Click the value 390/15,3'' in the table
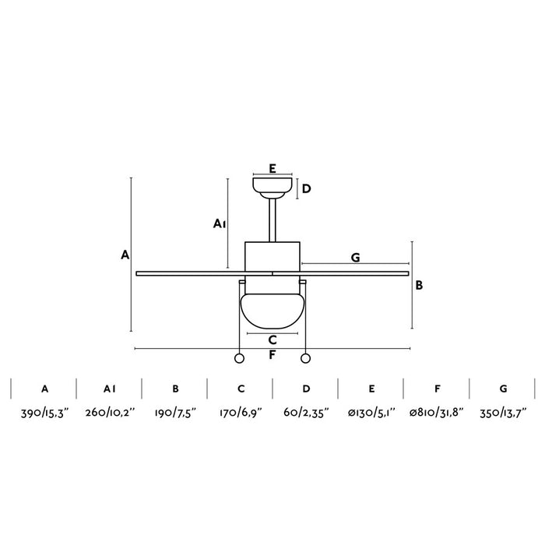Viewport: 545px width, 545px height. (x=45, y=413)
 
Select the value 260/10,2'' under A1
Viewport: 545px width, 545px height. (x=110, y=413)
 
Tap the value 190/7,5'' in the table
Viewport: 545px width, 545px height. (x=175, y=413)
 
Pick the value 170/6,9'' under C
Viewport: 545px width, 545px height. (x=241, y=413)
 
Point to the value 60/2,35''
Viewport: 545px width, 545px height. (x=306, y=413)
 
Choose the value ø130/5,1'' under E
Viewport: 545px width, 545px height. (x=371, y=413)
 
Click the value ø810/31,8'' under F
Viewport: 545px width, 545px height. (x=437, y=413)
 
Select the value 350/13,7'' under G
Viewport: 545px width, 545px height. (x=503, y=413)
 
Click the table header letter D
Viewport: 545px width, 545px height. (x=306, y=389)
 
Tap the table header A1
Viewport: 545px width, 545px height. (x=110, y=389)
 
